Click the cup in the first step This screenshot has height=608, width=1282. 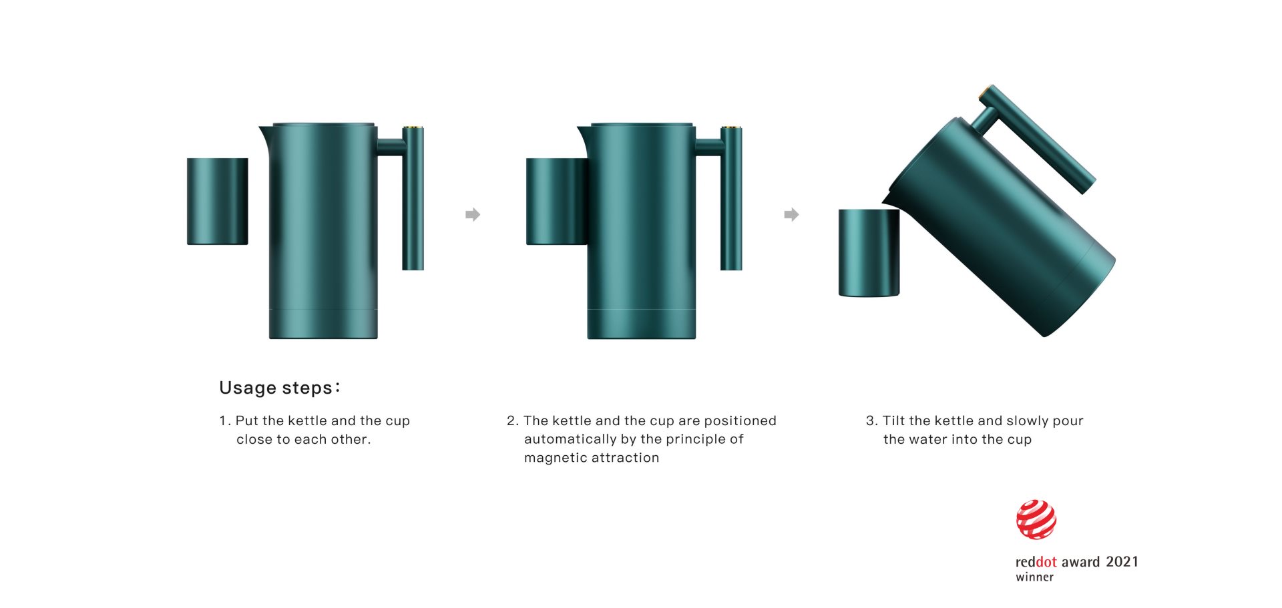(x=218, y=202)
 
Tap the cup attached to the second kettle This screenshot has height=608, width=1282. (x=557, y=202)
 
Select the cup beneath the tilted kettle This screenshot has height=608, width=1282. (x=869, y=253)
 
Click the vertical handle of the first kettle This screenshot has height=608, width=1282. (x=413, y=198)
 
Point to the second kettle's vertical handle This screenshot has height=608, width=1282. (x=731, y=198)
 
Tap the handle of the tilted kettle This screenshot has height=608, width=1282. (x=1037, y=139)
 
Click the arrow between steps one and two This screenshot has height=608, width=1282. (x=473, y=214)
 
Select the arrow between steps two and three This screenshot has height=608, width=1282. (x=791, y=214)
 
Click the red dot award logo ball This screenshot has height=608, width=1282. (x=1036, y=519)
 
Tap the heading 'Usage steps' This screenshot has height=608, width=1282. (x=279, y=388)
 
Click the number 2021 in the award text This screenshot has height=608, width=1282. (x=1122, y=562)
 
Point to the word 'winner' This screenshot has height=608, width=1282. (x=1034, y=577)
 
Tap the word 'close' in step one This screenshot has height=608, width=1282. (x=254, y=439)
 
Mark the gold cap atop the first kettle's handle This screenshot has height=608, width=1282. (x=413, y=126)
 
